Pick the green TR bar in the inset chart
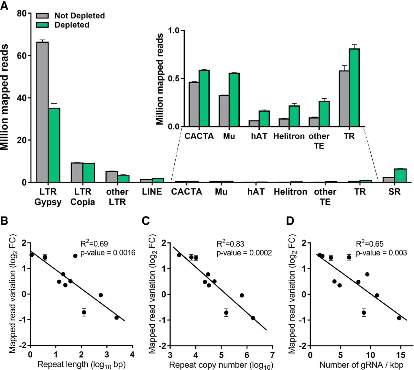pyautogui.click(x=354, y=87)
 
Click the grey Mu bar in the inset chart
pyautogui.click(x=224, y=111)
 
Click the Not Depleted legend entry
pyautogui.click(x=79, y=16)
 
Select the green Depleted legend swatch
pyautogui.click(x=42, y=25)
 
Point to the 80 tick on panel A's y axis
pyautogui.click(x=22, y=14)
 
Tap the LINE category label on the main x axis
pyautogui.click(x=152, y=192)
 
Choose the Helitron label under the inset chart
pyautogui.click(x=289, y=136)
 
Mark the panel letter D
pyautogui.click(x=290, y=221)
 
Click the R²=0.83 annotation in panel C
pyautogui.click(x=230, y=244)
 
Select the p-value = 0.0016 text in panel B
pyautogui.click(x=108, y=252)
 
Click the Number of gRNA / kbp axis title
pyautogui.click(x=362, y=365)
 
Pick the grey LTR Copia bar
pyautogui.click(x=77, y=172)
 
